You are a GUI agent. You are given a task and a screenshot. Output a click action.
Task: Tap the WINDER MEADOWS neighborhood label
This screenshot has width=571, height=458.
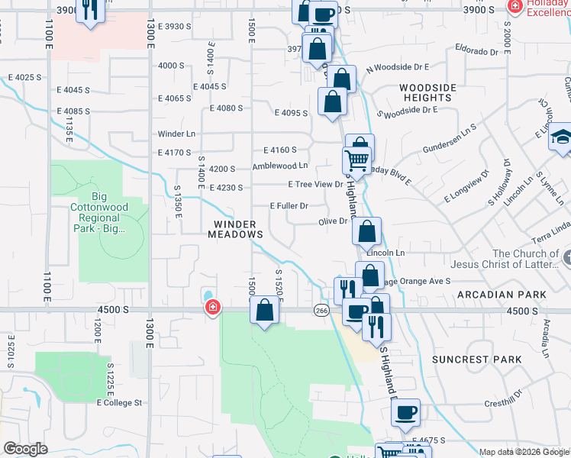(237, 229)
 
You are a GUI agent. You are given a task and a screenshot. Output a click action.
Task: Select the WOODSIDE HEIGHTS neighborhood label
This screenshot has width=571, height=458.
(427, 92)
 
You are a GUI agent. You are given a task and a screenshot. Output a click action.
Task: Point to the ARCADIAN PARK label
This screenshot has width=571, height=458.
(502, 294)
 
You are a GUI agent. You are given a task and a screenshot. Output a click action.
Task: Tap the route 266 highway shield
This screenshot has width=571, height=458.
(321, 310)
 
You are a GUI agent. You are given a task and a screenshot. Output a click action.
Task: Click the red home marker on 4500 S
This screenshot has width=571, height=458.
(212, 308)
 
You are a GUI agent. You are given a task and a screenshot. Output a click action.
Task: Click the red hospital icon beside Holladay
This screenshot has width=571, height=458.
(515, 6)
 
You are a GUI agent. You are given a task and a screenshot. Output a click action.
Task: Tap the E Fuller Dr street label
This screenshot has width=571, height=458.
(289, 206)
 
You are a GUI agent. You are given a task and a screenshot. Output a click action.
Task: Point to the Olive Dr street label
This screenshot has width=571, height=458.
(334, 221)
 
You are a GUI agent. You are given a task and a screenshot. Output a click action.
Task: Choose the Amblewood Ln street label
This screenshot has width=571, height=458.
(280, 166)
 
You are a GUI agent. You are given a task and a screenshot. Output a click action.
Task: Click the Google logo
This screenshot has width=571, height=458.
(26, 449)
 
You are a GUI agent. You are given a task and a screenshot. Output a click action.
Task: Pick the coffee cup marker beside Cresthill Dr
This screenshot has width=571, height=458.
(405, 412)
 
